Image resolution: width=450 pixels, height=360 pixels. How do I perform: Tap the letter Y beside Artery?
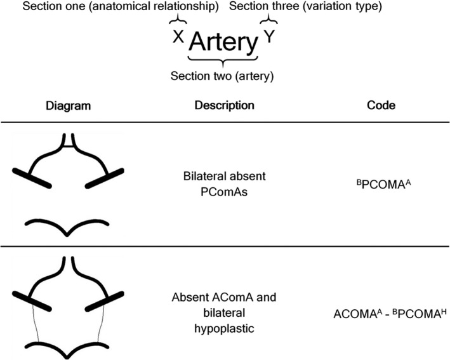coord(270,37)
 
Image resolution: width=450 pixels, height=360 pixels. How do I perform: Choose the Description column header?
coord(225,105)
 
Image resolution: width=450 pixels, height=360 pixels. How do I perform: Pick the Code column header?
coord(381,105)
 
